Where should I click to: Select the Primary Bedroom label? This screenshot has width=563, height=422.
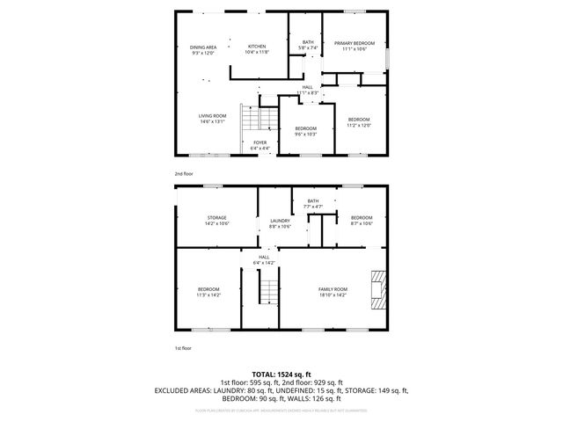coord(354,46)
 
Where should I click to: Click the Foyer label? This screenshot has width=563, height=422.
coord(260,145)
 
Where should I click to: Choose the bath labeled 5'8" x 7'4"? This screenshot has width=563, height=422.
coord(308,45)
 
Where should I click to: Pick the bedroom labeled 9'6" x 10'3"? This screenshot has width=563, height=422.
coord(305,133)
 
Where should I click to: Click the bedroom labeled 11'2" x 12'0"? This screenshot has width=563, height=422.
coord(359,122)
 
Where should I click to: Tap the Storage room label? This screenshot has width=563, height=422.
coord(217,221)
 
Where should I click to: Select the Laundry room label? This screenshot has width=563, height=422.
coord(280,224)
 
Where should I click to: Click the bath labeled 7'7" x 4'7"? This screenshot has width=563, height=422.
coord(313,204)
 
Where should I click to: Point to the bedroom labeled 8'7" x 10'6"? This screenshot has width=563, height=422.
coord(362,221)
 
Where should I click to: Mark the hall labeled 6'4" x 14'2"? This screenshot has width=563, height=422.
coord(264,260)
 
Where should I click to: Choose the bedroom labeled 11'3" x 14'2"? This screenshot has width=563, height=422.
coord(208,293)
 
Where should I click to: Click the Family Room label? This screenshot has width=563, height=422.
coord(333,293)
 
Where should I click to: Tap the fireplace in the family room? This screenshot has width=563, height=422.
coord(378,289)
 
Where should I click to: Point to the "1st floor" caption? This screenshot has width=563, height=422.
coord(182,348)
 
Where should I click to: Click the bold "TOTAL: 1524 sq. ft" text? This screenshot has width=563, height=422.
coord(281,374)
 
